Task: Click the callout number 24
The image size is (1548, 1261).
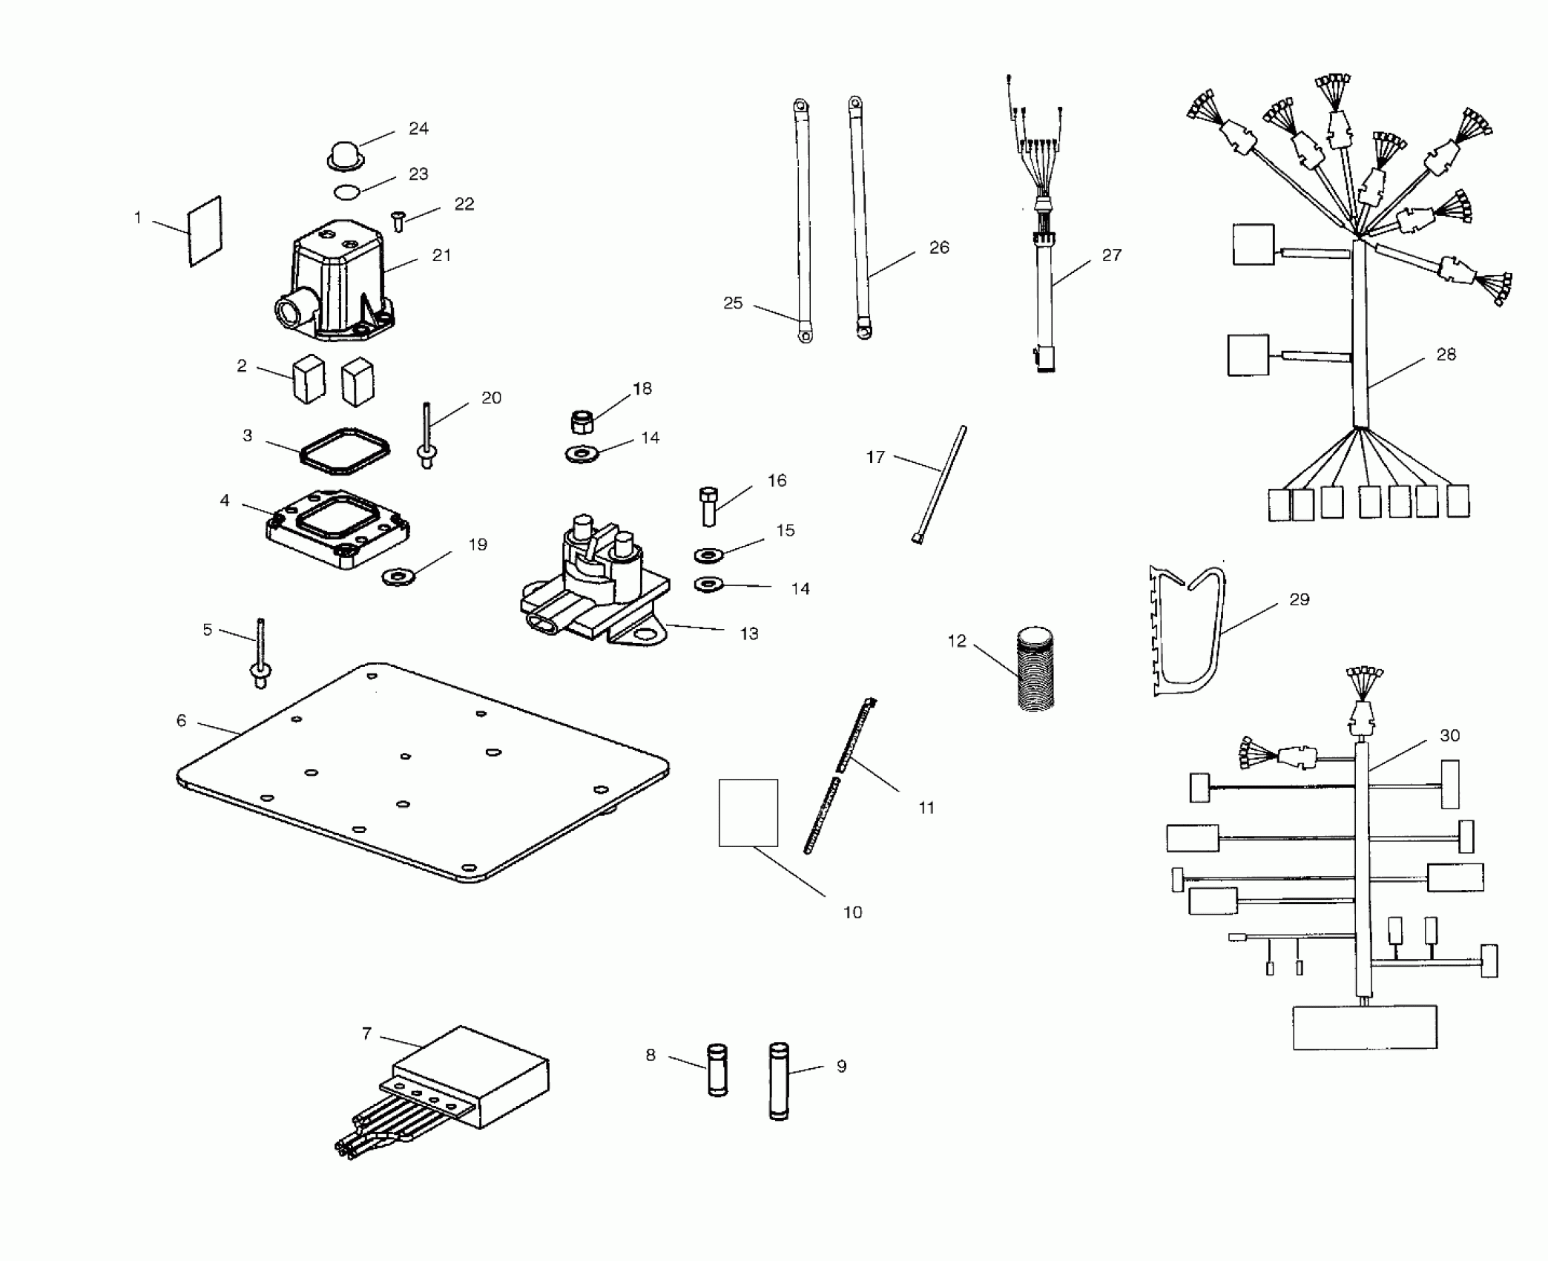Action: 418,128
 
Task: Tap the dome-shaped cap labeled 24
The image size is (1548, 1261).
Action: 344,157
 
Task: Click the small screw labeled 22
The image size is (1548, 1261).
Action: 398,220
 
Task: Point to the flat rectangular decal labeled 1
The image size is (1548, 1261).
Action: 205,231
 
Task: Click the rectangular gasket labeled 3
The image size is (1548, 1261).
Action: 345,450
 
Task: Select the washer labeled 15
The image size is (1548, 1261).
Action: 710,555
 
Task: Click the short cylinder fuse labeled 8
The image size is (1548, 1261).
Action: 717,1068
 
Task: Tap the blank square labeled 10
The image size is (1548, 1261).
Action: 748,812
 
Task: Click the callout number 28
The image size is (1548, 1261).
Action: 1446,355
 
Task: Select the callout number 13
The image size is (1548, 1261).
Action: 749,633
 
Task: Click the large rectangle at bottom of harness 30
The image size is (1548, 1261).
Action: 1365,1027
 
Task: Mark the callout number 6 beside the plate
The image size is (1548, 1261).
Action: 181,720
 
